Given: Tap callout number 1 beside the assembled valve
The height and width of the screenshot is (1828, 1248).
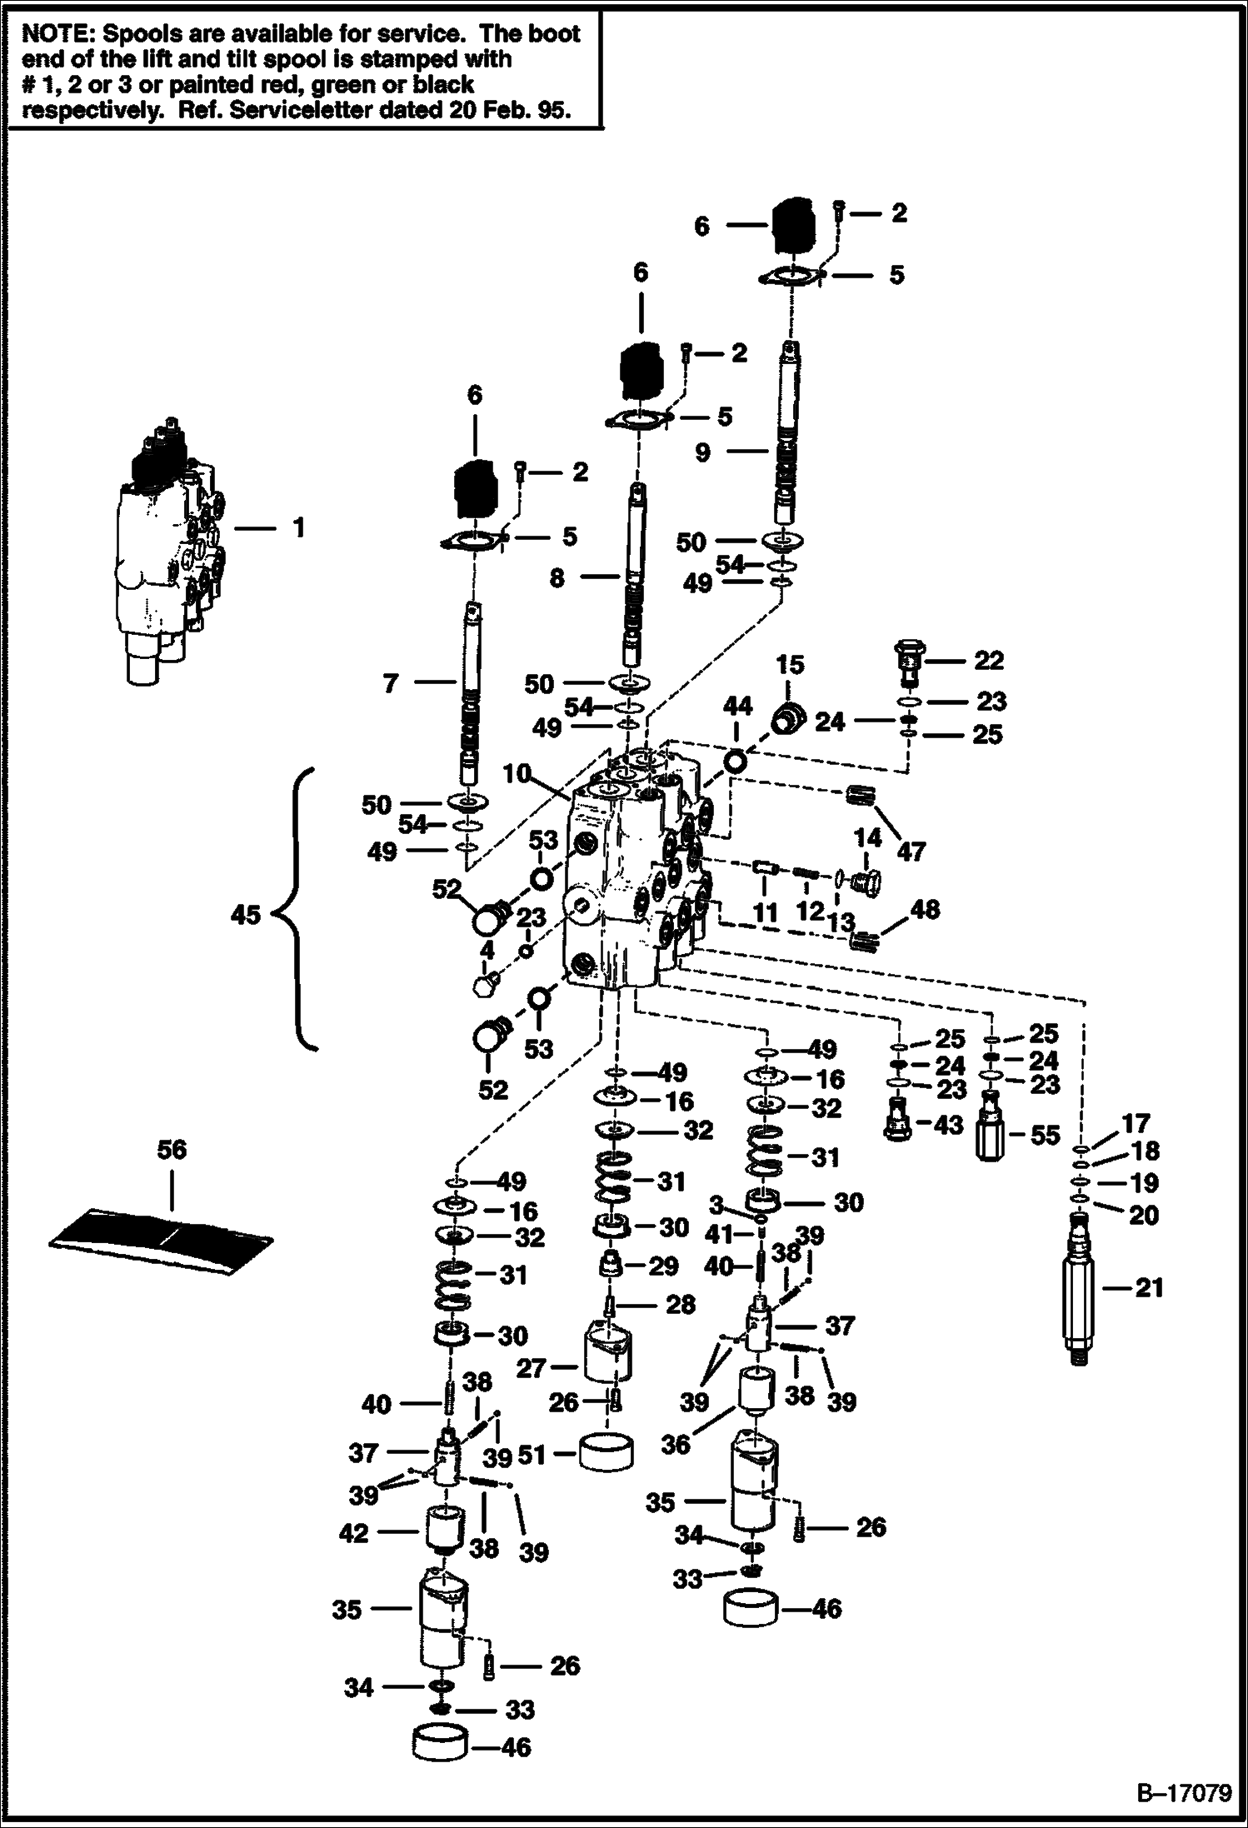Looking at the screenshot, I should [297, 527].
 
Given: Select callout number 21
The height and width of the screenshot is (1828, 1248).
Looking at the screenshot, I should [1150, 1287].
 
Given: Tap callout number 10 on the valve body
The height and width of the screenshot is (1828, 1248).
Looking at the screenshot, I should [517, 774].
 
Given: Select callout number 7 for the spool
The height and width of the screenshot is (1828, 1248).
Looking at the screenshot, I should [390, 683].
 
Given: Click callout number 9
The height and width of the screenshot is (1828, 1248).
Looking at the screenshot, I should [702, 452].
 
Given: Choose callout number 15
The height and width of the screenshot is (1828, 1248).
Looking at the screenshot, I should [790, 665].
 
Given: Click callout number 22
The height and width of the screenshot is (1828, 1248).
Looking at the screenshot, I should [989, 660].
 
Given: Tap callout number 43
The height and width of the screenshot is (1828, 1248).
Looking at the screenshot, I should [948, 1124].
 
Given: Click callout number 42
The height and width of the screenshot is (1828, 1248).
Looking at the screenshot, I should [354, 1532].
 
